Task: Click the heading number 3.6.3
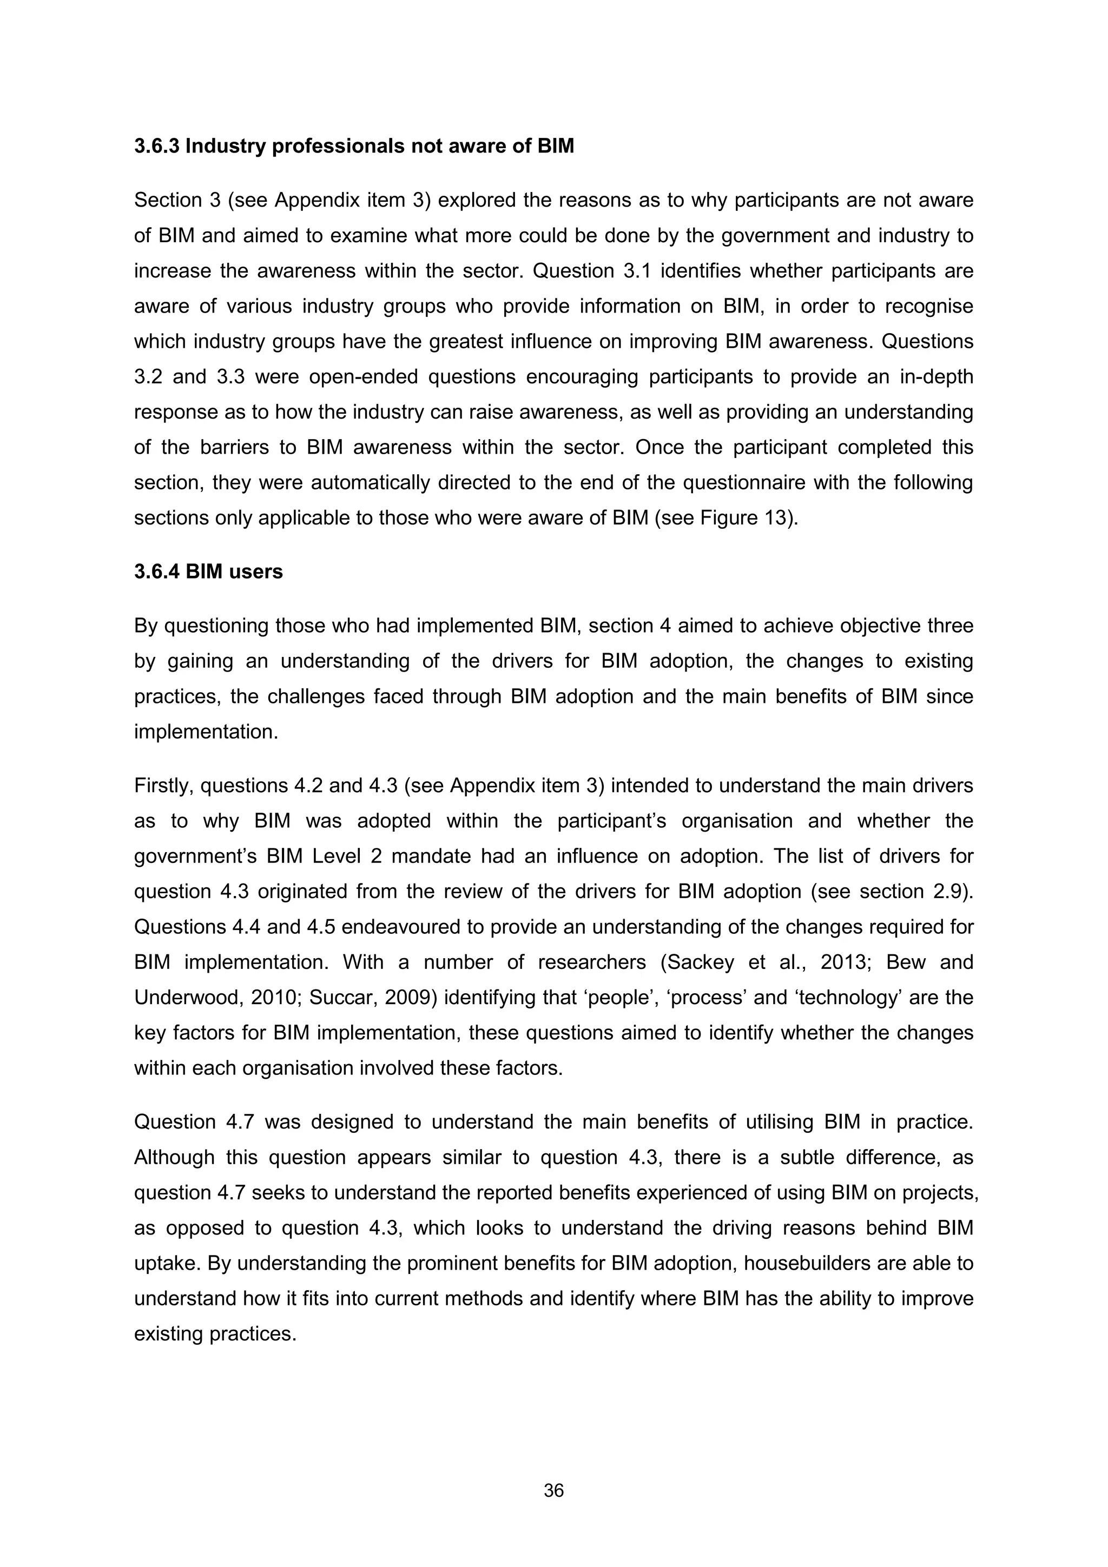(157, 146)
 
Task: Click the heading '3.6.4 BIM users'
(208, 571)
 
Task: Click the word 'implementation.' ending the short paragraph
(206, 732)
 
